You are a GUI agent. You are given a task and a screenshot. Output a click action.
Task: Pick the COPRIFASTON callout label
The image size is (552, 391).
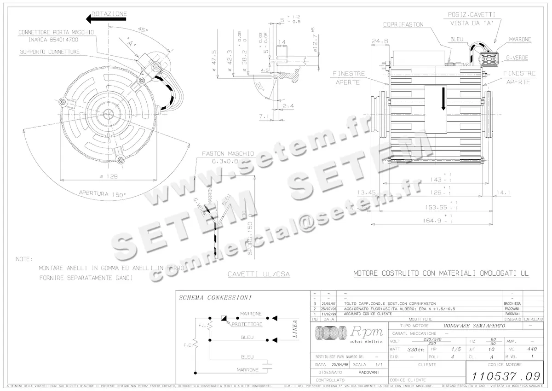[x=403, y=24]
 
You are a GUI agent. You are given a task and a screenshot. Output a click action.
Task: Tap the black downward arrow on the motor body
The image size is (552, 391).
[x=443, y=99]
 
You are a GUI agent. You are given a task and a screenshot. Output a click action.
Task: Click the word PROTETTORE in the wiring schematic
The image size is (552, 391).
[x=247, y=324]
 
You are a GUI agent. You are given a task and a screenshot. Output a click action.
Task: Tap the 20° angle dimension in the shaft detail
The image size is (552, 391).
[x=260, y=87]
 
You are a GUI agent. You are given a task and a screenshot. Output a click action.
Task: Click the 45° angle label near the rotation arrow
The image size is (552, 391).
[x=143, y=30]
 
